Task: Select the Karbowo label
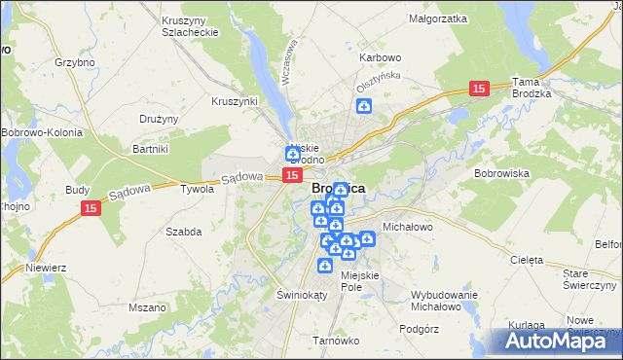click(381, 57)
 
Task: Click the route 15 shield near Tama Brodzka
click(478, 89)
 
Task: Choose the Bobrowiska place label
click(500, 172)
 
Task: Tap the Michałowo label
click(407, 226)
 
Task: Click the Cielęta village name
click(527, 260)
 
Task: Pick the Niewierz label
click(45, 266)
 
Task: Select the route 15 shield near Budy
click(91, 209)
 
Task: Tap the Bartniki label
click(151, 149)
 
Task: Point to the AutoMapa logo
click(563, 341)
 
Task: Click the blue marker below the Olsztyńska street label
click(364, 107)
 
